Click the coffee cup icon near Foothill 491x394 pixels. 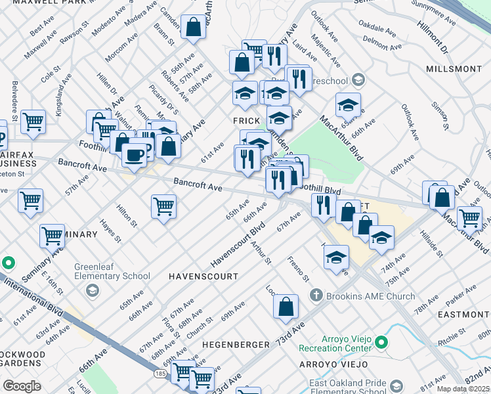point(135,156)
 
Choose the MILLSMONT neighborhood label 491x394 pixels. point(454,69)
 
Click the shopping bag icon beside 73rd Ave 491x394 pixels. point(286,306)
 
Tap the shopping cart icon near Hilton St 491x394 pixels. point(163,206)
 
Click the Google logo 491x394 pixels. point(22,386)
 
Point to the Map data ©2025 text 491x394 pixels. point(463,389)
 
